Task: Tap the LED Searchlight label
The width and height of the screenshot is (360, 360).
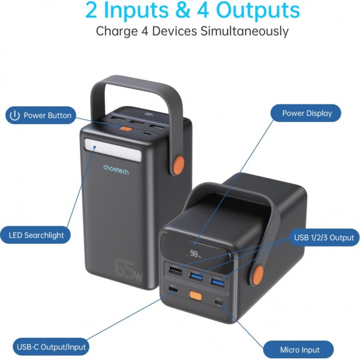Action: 37,235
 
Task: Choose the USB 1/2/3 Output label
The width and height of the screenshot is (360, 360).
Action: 323,238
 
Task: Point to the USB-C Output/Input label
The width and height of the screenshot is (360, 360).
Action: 51,346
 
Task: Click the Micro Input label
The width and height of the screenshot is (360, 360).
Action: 299,349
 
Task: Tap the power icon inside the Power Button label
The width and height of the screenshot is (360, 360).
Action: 14,116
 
